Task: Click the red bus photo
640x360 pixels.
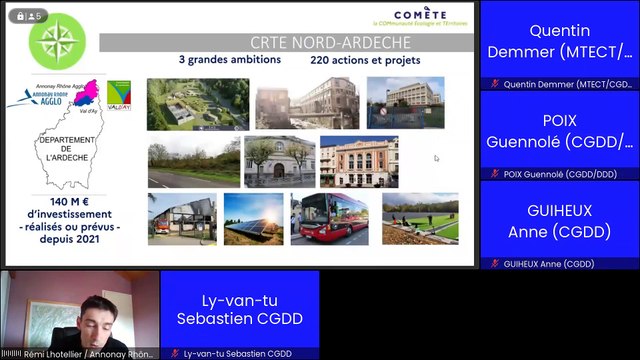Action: click(328, 220)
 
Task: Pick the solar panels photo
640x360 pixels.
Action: click(253, 219)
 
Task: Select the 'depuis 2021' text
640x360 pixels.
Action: click(73, 241)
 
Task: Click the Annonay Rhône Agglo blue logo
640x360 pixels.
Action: click(33, 97)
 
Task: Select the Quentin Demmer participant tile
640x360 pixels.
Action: click(559, 45)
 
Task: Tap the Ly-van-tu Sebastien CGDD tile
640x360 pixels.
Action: click(240, 311)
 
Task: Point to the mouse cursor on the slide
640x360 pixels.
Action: click(436, 157)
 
